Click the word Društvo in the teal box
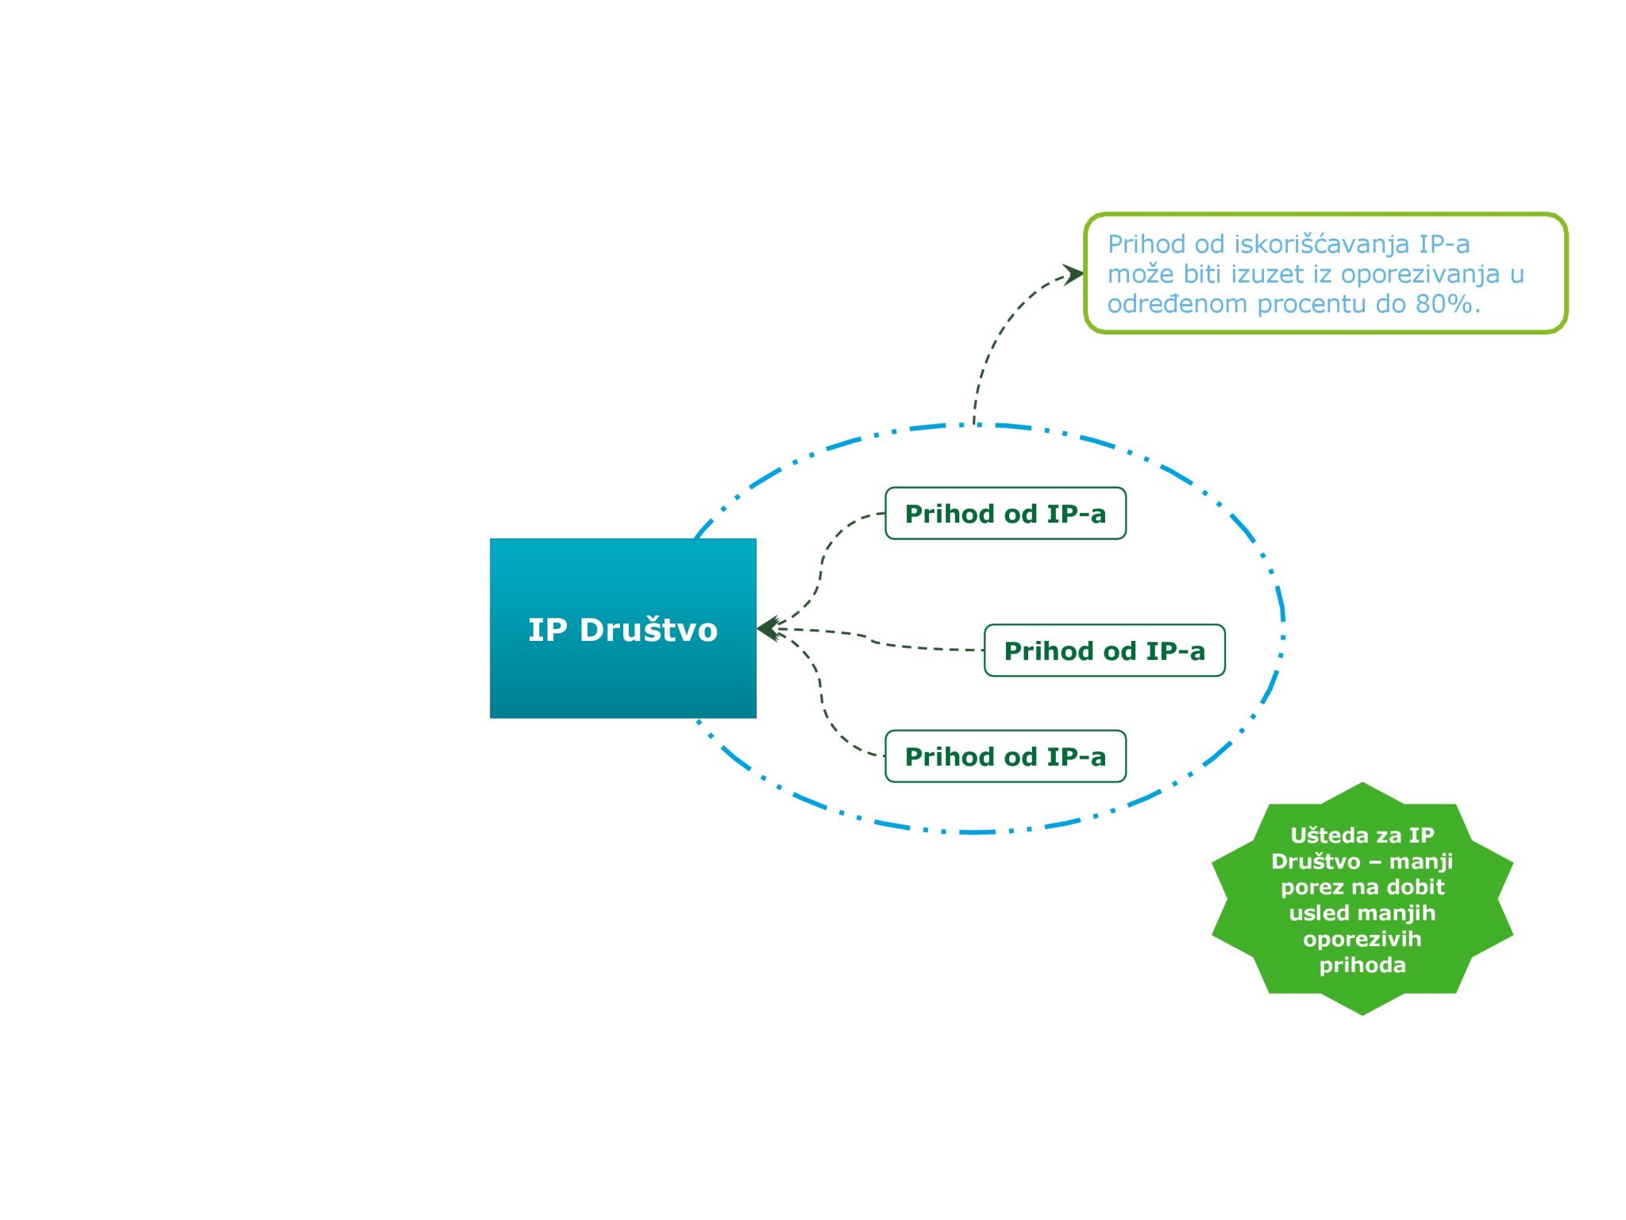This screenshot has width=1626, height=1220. [649, 630]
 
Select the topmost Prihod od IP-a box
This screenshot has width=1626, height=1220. [1005, 513]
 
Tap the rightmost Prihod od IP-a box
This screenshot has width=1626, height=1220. [1104, 651]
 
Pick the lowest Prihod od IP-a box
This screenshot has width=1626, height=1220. [1005, 756]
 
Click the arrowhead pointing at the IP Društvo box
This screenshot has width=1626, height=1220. [769, 629]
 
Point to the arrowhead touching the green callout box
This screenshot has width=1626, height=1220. [1073, 275]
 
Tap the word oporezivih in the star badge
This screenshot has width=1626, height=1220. [1362, 940]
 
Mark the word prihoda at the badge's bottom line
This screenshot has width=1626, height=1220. [1362, 966]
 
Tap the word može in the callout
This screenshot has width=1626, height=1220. [1140, 274]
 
